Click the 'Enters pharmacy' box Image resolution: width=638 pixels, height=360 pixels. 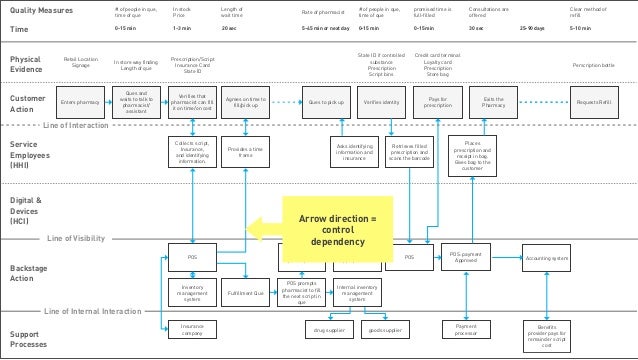point(80,102)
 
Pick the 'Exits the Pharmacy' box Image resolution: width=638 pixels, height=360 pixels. point(493,102)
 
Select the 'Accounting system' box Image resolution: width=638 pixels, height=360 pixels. point(549,258)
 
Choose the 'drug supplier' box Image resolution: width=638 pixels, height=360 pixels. point(329,328)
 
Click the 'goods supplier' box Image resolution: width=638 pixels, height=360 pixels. point(384,328)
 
